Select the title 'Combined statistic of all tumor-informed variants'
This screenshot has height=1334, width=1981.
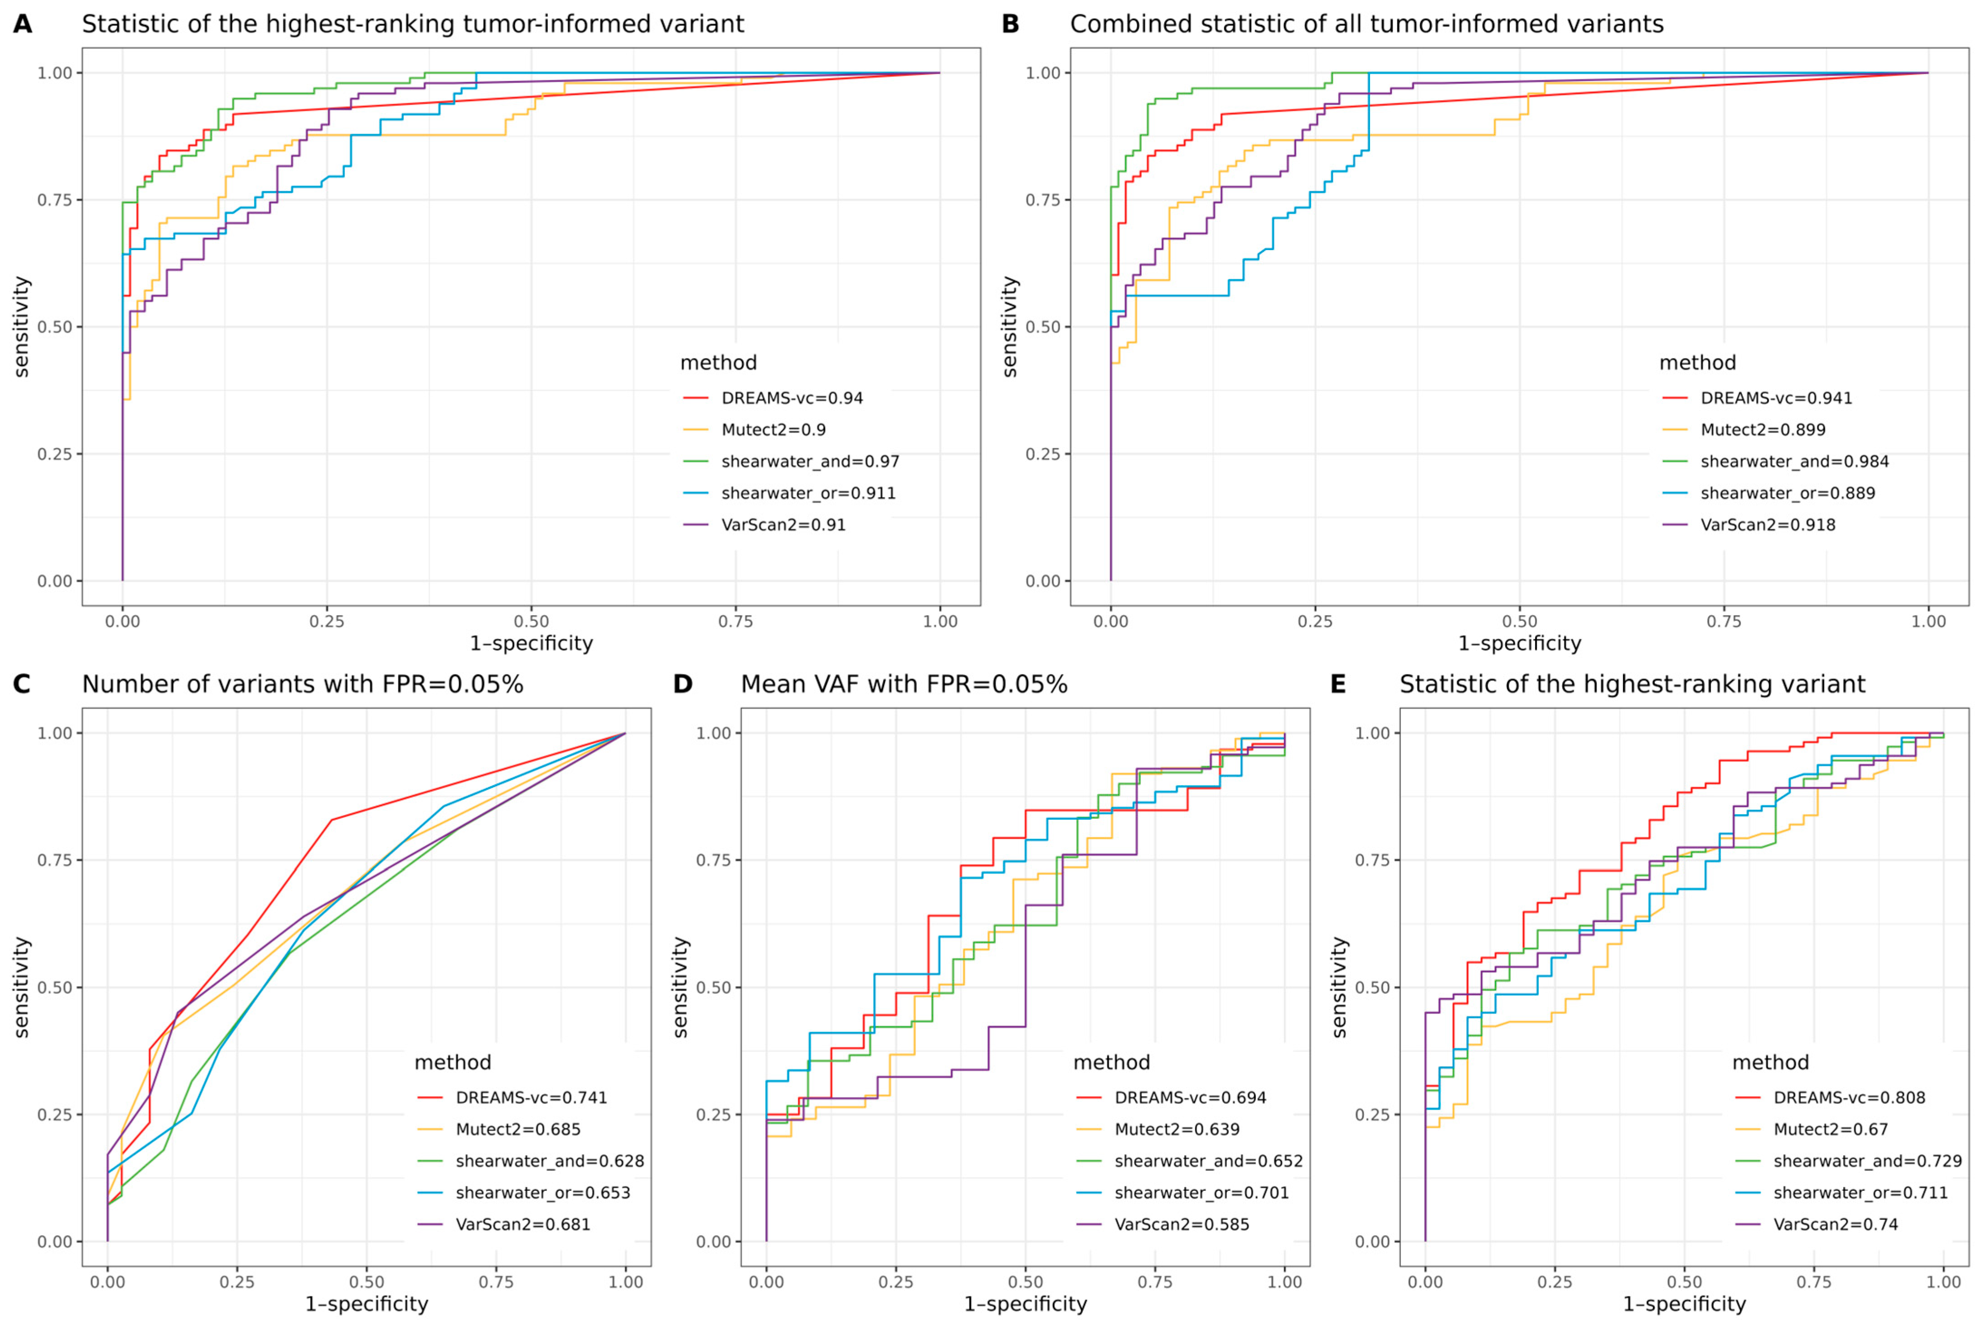tap(1366, 24)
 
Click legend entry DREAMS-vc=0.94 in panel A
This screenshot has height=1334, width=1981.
tap(791, 398)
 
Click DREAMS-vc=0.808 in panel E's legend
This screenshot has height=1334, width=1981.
tap(1848, 1097)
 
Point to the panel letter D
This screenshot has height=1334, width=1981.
tap(683, 684)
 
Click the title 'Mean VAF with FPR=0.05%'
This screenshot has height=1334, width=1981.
tap(904, 684)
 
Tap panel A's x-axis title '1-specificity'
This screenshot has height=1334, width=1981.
tap(531, 643)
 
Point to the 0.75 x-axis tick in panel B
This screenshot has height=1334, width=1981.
tap(1724, 621)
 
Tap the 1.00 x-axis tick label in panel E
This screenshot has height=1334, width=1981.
tap(1943, 1282)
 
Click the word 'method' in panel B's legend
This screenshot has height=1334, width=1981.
tap(1697, 362)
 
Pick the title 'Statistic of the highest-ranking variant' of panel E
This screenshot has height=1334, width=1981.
tap(1632, 684)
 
